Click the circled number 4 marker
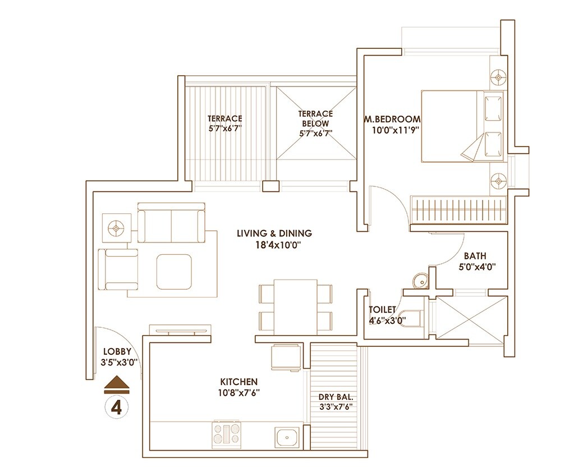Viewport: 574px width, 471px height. point(117,407)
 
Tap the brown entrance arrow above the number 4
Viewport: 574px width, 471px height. point(117,383)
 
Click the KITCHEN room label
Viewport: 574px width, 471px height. point(239,382)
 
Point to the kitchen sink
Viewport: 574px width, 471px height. point(287,436)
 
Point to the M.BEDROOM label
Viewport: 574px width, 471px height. point(392,119)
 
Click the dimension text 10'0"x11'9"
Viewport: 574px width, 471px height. point(396,130)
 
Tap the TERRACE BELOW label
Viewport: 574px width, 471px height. point(315,118)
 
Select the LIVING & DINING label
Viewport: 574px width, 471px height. point(274,233)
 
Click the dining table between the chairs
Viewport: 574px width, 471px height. point(295,307)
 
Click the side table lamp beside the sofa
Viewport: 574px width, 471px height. point(116,228)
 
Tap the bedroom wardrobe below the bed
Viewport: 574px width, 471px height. point(458,209)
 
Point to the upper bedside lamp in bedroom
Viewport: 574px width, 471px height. point(498,76)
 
